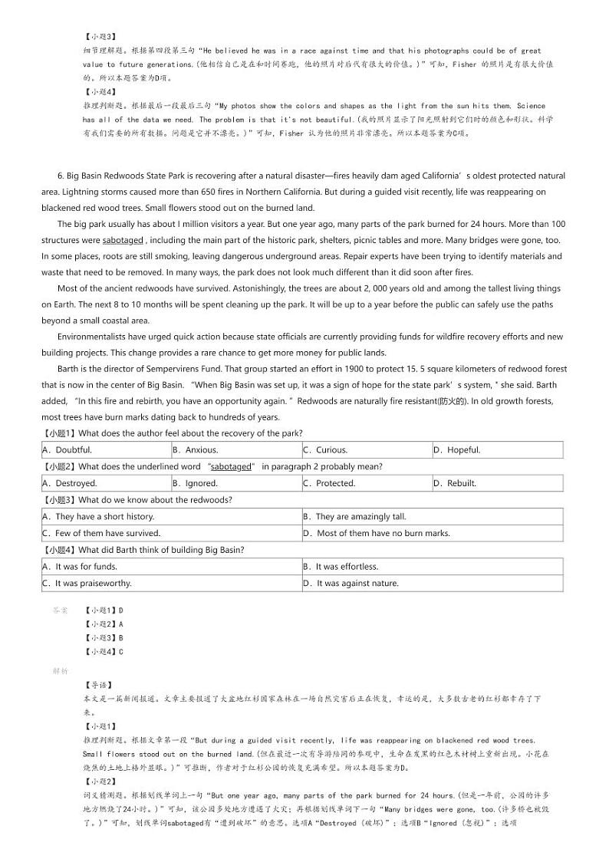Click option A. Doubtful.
pos(74,450)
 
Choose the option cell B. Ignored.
pos(196,483)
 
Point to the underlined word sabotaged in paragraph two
pos(123,240)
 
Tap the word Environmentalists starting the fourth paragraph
pos(96,337)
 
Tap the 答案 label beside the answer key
pos(60,610)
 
